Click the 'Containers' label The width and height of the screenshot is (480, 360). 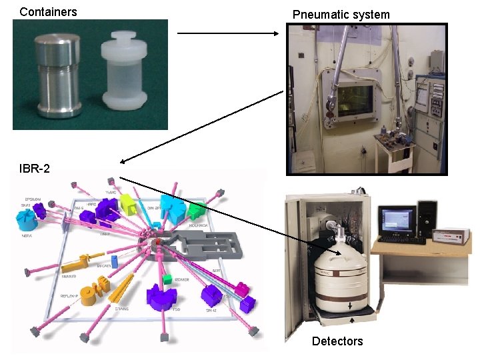(48, 11)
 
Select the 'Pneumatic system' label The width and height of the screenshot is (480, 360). (341, 14)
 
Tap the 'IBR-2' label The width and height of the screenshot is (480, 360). (34, 169)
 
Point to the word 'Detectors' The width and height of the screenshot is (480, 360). (337, 341)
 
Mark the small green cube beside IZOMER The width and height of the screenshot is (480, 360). (168, 278)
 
